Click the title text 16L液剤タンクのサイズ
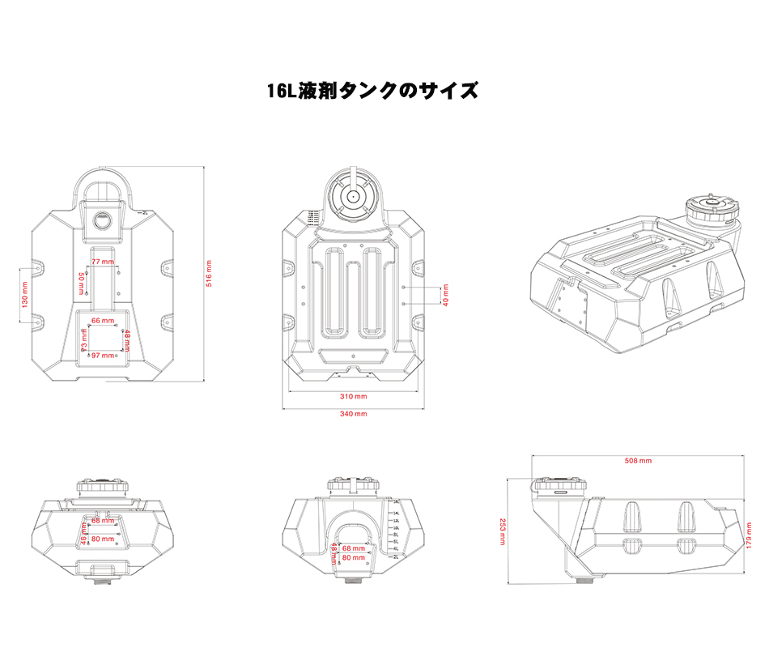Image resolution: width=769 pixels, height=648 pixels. click(373, 90)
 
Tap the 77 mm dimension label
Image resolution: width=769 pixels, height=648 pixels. click(102, 262)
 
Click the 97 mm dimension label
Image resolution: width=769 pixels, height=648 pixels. click(102, 356)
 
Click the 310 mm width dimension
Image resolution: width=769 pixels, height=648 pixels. click(354, 396)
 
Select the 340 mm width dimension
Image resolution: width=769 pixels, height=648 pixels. click(354, 414)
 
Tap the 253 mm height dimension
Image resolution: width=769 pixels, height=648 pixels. click(502, 531)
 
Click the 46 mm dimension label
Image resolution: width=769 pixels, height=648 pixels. click(83, 532)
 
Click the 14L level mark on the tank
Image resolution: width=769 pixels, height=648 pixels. click(397, 514)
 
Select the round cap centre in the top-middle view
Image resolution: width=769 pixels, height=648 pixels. click(353, 196)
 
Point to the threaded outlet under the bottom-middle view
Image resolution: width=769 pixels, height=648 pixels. click(353, 580)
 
